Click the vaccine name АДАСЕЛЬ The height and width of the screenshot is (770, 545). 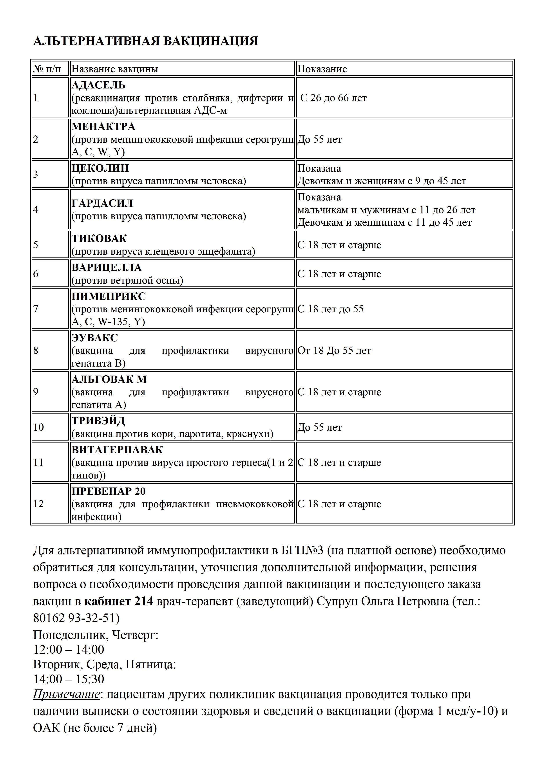[x=98, y=85]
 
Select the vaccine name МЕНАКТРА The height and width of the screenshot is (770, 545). [x=103, y=127]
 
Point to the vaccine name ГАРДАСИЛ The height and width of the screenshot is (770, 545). [x=102, y=203]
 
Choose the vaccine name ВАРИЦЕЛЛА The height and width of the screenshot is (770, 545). [x=106, y=268]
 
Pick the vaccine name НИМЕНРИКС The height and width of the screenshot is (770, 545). [x=108, y=297]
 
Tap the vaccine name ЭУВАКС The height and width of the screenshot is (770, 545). [x=95, y=338]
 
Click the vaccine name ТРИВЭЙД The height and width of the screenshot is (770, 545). [x=98, y=421]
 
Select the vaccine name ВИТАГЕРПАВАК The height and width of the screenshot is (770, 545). [x=117, y=450]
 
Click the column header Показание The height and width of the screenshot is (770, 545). [x=322, y=69]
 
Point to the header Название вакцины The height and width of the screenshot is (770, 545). [x=115, y=69]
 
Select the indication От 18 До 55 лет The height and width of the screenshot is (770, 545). [x=334, y=351]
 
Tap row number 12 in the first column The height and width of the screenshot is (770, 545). [x=39, y=504]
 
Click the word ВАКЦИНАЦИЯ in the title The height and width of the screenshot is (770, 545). [x=210, y=41]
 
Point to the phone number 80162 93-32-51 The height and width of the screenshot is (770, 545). [x=76, y=618]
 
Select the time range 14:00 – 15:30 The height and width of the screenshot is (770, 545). [x=69, y=679]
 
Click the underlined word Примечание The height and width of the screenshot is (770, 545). [x=66, y=694]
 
